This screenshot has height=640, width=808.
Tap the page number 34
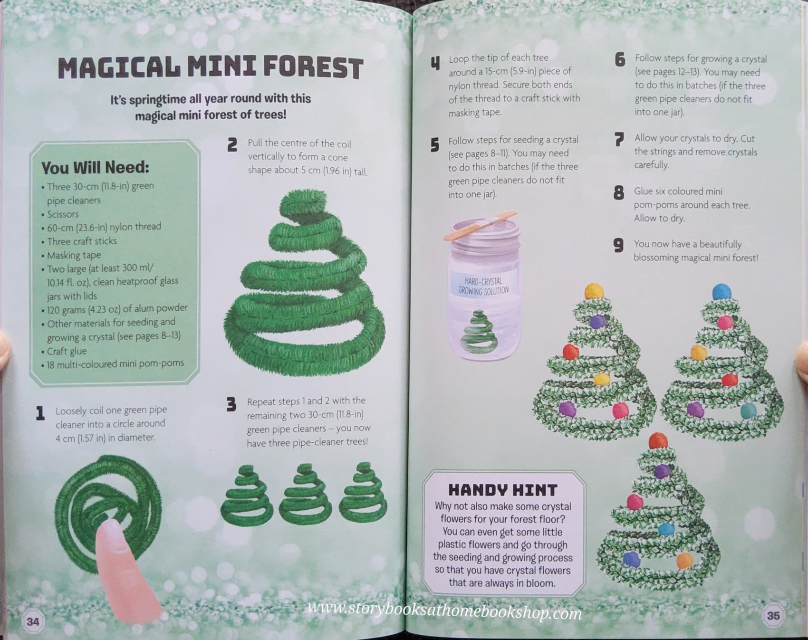point(33,621)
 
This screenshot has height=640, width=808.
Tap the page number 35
point(773,616)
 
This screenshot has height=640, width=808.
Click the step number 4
point(435,63)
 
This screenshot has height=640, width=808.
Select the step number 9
point(618,245)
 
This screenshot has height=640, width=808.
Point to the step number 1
point(40,413)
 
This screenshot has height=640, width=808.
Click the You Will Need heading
point(95,167)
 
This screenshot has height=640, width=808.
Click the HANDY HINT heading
point(502,490)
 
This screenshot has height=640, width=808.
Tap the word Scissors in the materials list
point(63,214)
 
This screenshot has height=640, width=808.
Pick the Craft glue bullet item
point(67,351)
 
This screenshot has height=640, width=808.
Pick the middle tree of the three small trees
point(305,494)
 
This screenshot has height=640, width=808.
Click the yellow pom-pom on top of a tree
point(594,290)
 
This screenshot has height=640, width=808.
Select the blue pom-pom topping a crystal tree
point(721,291)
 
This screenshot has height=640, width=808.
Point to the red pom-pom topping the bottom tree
point(658,440)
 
